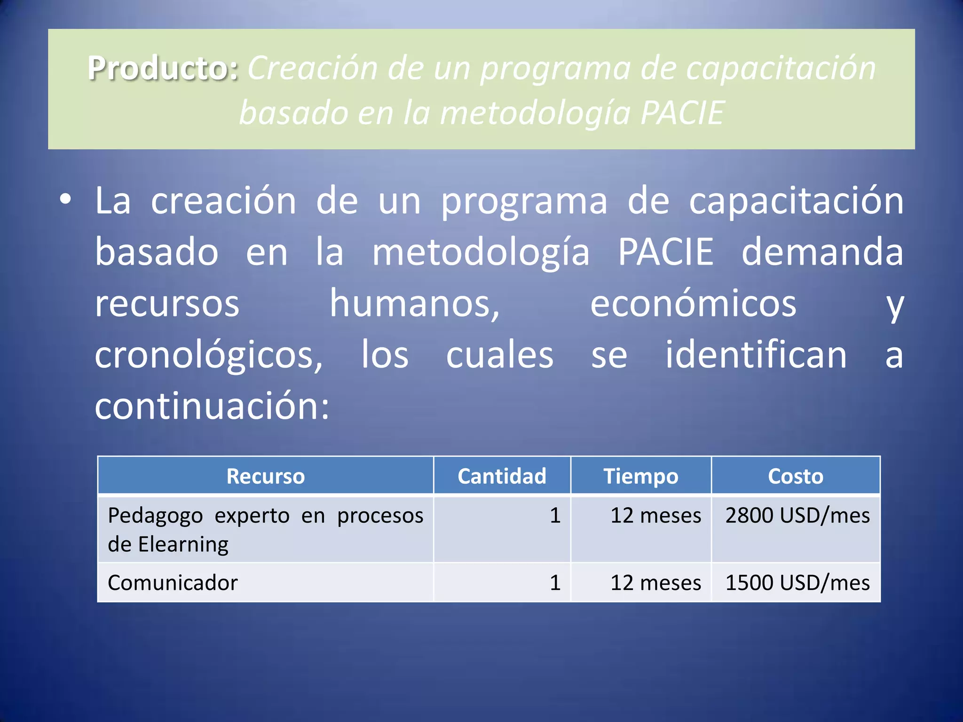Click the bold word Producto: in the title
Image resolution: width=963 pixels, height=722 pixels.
pyautogui.click(x=163, y=69)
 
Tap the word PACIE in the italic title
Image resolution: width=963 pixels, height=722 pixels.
pyautogui.click(x=682, y=113)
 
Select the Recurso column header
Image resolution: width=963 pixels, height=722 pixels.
pyautogui.click(x=266, y=476)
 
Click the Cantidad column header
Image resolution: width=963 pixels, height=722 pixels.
pyautogui.click(x=502, y=476)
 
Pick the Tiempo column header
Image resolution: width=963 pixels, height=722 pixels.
pyautogui.click(x=641, y=476)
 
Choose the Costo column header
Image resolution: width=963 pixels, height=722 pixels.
pyautogui.click(x=796, y=476)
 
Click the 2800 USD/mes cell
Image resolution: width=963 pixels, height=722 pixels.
pyautogui.click(x=797, y=516)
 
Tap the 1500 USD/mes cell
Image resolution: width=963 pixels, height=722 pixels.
pyautogui.click(x=797, y=583)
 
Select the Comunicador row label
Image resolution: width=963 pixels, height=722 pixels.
pyautogui.click(x=173, y=583)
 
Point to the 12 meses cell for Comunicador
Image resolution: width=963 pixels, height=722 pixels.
pyautogui.click(x=655, y=583)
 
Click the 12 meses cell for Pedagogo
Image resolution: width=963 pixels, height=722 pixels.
pyautogui.click(x=655, y=516)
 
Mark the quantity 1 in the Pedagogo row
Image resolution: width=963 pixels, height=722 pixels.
pyautogui.click(x=555, y=516)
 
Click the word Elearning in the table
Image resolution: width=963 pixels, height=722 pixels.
pyautogui.click(x=183, y=545)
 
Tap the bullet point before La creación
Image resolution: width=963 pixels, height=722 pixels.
pyautogui.click(x=65, y=199)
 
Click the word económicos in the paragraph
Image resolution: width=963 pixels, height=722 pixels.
pyautogui.click(x=693, y=304)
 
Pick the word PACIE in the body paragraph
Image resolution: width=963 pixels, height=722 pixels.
pyautogui.click(x=665, y=252)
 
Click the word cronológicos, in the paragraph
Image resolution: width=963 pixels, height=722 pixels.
pyautogui.click(x=209, y=355)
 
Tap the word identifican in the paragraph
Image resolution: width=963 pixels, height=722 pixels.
pyautogui.click(x=756, y=355)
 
